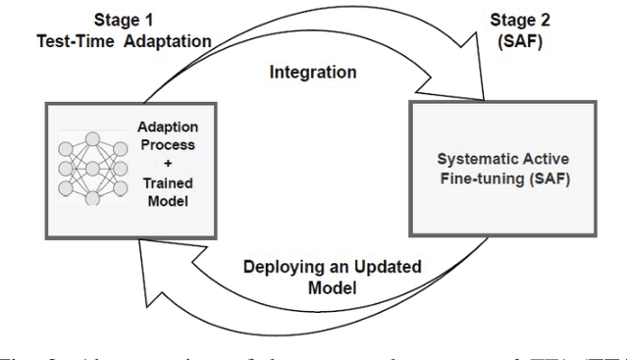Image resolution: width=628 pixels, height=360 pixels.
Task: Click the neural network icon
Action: coord(91,168)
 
